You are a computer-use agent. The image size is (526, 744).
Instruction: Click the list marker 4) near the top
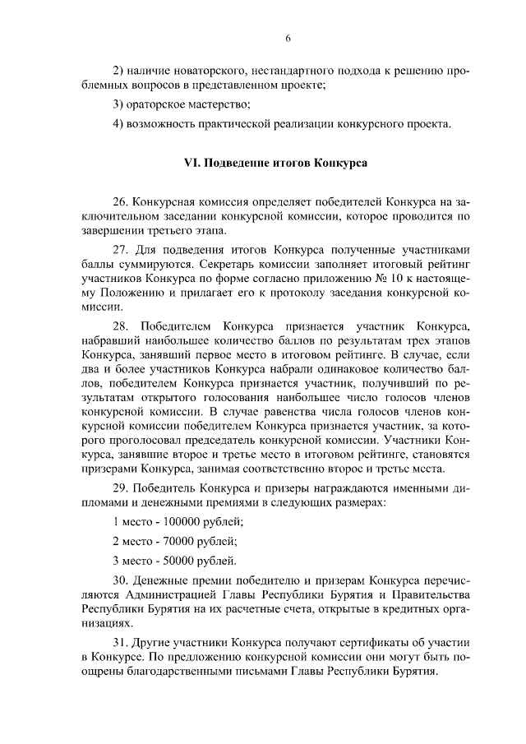coord(118,124)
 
